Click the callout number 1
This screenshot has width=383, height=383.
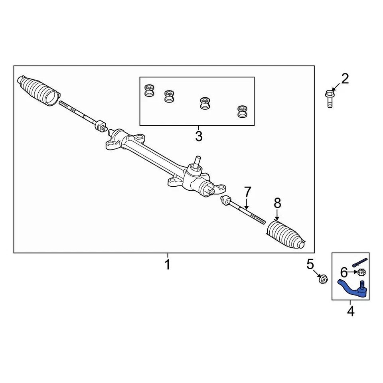(x=168, y=264)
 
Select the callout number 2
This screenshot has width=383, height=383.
(x=345, y=79)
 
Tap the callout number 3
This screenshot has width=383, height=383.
(x=199, y=136)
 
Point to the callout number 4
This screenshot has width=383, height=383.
(x=351, y=311)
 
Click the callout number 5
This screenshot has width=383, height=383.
(x=310, y=264)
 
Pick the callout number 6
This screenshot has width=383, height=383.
(x=344, y=273)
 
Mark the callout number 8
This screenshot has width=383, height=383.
(x=278, y=203)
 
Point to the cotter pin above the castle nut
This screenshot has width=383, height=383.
(x=360, y=263)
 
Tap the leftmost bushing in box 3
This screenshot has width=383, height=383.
(x=149, y=91)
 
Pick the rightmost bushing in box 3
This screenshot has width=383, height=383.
(x=242, y=111)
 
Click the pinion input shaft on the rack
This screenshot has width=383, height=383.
(x=196, y=162)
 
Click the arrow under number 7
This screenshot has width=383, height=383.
(x=247, y=204)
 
